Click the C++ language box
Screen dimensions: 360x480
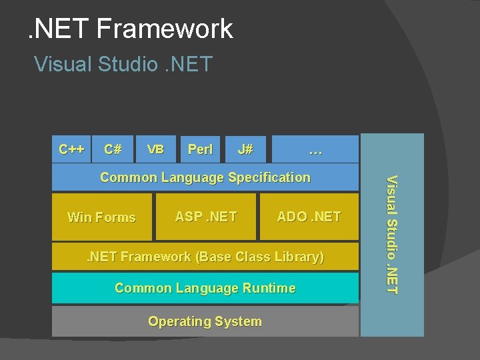(71, 149)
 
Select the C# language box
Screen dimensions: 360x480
(113, 149)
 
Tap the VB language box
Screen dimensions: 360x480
(155, 149)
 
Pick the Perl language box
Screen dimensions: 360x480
(200, 149)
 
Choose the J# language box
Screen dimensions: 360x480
(245, 149)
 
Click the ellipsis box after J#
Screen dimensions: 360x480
(315, 149)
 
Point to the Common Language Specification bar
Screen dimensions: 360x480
(205, 177)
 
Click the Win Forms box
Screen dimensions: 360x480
(102, 217)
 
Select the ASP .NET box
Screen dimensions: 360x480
(206, 216)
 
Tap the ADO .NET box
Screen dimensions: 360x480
(309, 216)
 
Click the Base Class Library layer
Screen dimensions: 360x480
(205, 257)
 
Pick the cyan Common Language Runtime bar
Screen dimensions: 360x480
(205, 288)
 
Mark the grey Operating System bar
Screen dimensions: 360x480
(205, 321)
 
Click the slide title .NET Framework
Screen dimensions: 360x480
(130, 29)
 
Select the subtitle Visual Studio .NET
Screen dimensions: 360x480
(123, 64)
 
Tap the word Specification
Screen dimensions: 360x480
(269, 177)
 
